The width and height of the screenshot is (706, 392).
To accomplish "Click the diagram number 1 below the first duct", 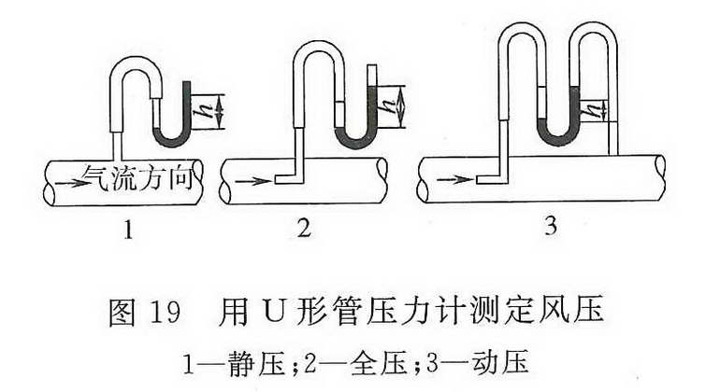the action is click(128, 230).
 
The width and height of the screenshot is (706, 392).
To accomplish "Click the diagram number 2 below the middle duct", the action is click(304, 228).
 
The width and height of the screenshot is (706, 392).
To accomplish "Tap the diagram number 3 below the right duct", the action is click(551, 226).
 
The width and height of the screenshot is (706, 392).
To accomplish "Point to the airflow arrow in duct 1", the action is click(69, 184).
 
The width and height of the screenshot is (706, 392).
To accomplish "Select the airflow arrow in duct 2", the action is click(253, 182).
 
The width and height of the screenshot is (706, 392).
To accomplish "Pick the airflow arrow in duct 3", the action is click(454, 180).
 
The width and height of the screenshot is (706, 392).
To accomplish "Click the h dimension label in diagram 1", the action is click(200, 112).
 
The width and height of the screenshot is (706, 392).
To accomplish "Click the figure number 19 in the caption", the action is click(165, 311).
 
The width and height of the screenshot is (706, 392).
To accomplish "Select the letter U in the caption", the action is click(276, 312).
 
